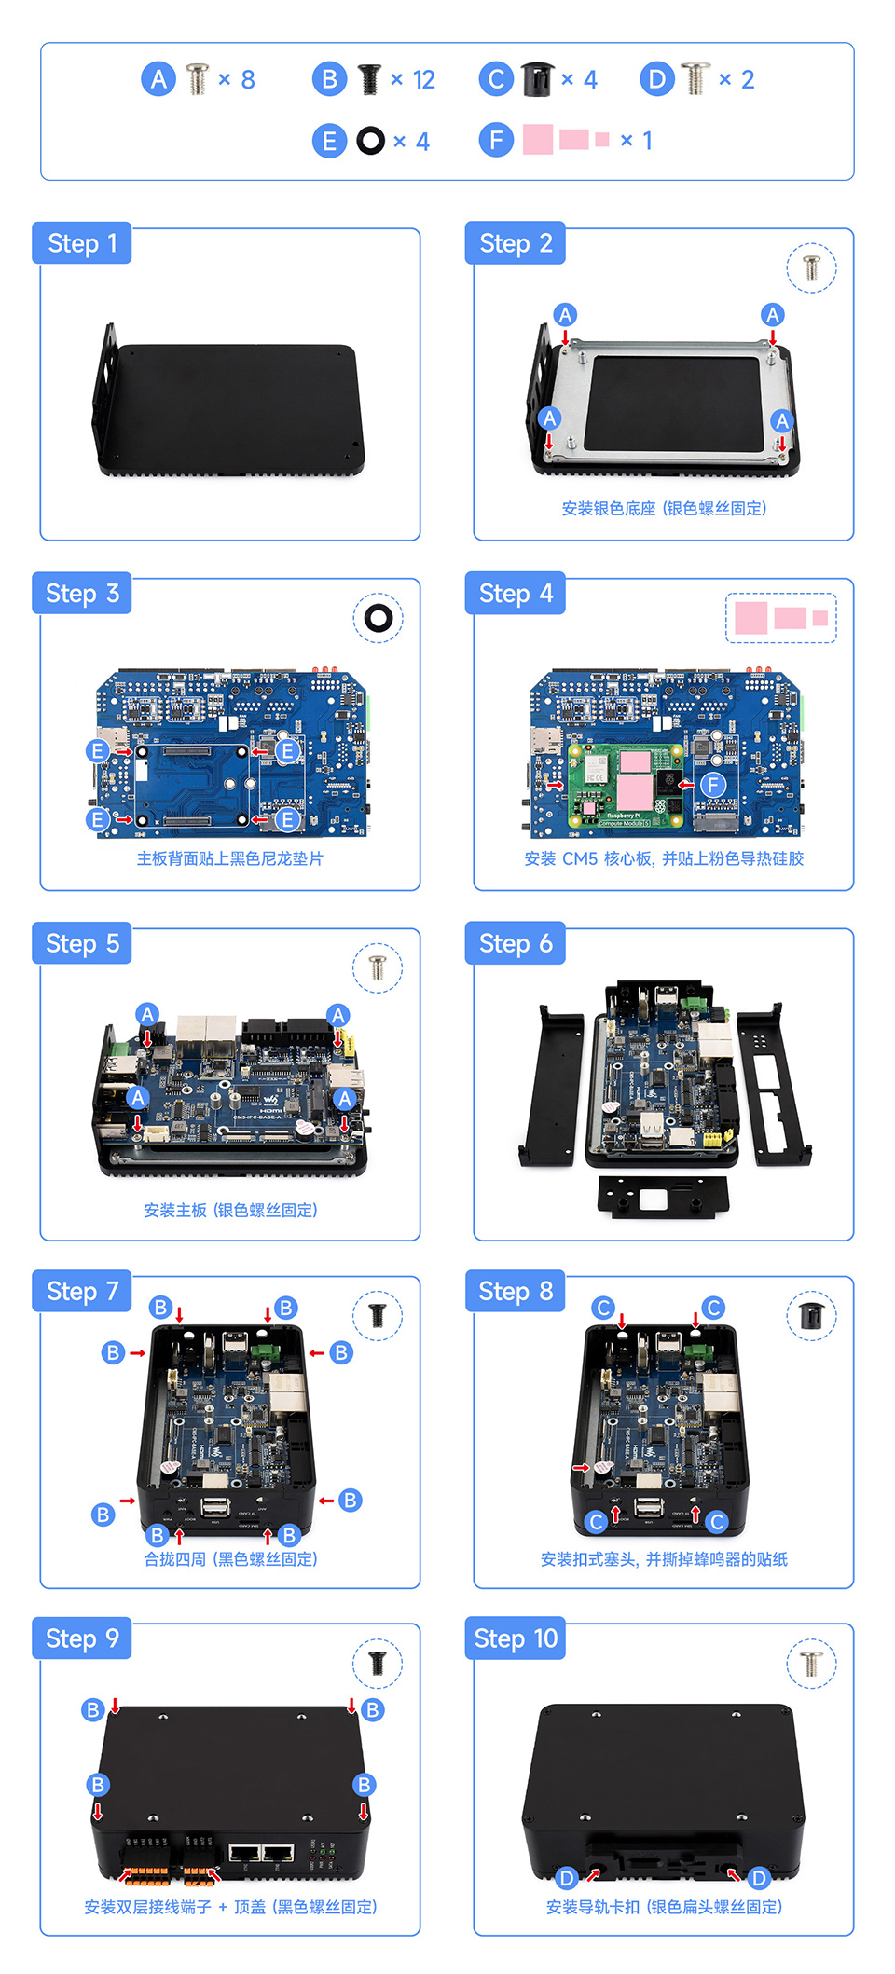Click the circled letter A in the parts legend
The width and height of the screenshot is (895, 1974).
158,79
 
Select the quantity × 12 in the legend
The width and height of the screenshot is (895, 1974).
412,79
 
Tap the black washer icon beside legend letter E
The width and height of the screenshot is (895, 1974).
370,141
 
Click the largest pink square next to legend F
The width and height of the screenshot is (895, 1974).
538,140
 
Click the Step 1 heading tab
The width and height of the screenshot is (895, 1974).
82,243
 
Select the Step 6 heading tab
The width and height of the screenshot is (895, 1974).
515,943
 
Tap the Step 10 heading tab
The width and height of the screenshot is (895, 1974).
515,1638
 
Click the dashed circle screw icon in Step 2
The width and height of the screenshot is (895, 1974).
810,268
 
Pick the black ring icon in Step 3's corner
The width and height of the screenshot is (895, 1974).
378,618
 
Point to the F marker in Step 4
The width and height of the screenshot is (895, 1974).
713,785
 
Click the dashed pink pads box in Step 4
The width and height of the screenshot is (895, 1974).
780,618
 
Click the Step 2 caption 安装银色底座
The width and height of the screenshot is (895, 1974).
664,508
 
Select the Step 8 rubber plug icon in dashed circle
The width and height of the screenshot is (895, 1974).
810,1316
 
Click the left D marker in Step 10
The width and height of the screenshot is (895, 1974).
566,1878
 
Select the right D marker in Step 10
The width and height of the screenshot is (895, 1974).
759,1878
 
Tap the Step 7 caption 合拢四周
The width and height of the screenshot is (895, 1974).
230,1559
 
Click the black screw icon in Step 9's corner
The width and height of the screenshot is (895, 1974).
378,1664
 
